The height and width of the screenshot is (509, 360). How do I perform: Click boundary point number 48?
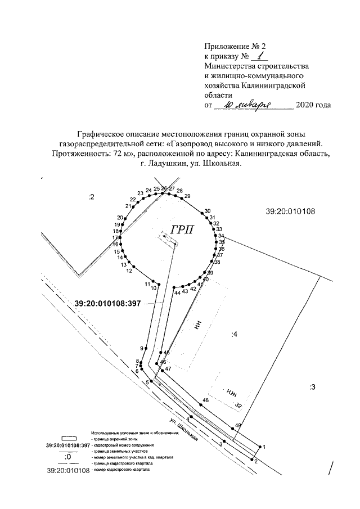pyautogui.click(x=206, y=400)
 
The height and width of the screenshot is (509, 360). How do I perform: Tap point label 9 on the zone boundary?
pyautogui.click(x=142, y=348)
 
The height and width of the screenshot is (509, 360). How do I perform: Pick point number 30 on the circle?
pyautogui.click(x=208, y=211)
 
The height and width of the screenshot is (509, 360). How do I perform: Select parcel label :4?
pyautogui.click(x=235, y=335)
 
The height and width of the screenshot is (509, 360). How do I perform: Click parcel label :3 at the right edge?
pyautogui.click(x=313, y=386)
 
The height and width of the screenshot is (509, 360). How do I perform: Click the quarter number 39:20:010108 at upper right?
pyautogui.click(x=290, y=211)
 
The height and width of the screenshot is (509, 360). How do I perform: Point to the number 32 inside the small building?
pyautogui.click(x=238, y=405)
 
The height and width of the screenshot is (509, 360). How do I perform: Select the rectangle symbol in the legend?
pyautogui.click(x=69, y=437)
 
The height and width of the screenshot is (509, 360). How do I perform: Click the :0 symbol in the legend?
pyautogui.click(x=68, y=457)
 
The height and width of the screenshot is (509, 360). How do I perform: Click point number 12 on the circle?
pyautogui.click(x=129, y=271)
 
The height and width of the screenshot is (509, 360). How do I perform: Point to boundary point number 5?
pyautogui.click(x=147, y=382)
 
